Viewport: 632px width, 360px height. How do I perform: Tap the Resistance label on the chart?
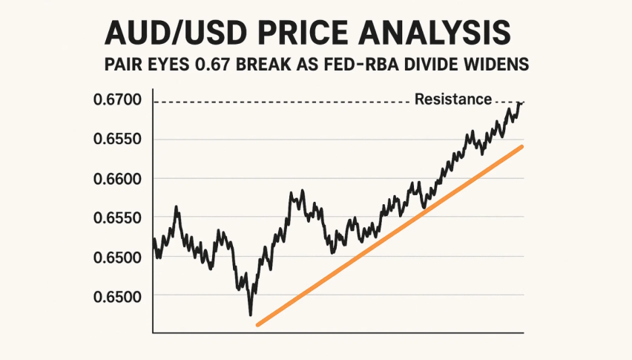452,99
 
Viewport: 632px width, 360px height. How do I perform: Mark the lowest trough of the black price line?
251,315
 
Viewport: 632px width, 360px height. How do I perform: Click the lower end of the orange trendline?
257,325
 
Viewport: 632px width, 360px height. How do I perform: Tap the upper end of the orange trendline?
522,147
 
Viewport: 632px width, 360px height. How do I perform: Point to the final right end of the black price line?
521,102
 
